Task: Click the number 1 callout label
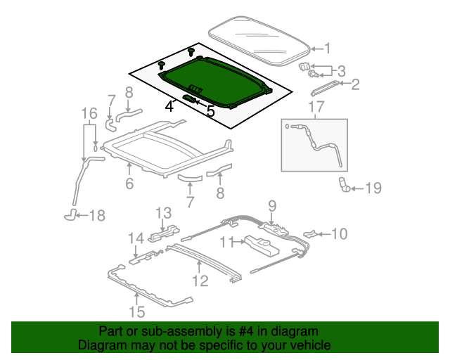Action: [326, 49]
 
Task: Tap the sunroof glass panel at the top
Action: [259, 41]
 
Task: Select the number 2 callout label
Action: [355, 85]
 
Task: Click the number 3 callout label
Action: [341, 71]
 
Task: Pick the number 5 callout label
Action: [210, 111]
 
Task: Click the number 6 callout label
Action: [129, 184]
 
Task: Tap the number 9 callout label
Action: [272, 206]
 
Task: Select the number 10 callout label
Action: [339, 233]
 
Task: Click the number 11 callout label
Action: [226, 243]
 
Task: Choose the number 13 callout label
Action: [163, 212]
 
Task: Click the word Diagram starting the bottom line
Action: [100, 345]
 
